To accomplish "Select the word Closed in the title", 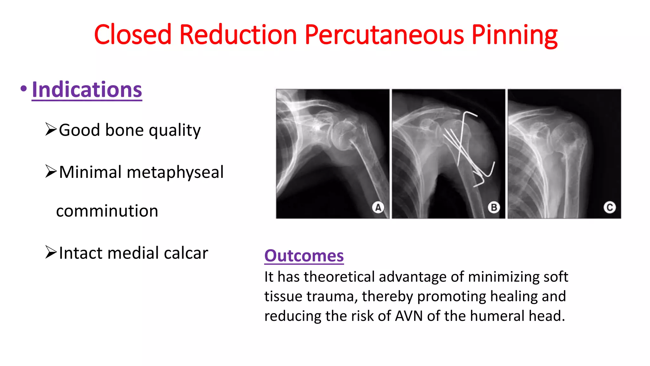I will (x=133, y=35).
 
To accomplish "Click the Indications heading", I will (x=87, y=90).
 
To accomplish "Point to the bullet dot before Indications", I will (x=23, y=89).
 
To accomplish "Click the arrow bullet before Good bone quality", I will (x=51, y=129).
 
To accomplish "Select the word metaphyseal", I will (x=175, y=172).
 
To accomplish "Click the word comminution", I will (x=107, y=211).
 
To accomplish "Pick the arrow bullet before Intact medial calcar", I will (x=51, y=252).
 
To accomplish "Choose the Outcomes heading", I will (x=304, y=256).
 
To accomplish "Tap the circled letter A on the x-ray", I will (x=378, y=207).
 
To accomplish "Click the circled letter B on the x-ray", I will (x=494, y=207).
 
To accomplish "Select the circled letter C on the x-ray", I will (x=610, y=207).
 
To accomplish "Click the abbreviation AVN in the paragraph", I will (x=409, y=316).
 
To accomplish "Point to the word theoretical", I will (x=339, y=277).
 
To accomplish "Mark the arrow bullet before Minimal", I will (x=51, y=172).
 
